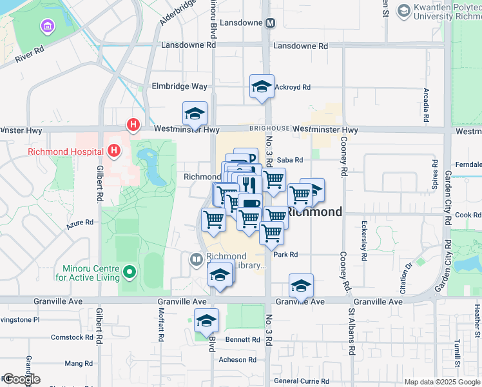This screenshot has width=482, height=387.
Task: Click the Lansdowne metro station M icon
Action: pos(270,23)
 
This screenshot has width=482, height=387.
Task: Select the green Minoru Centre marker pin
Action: pos(129,272)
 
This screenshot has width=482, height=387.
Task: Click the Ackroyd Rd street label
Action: pos(293,87)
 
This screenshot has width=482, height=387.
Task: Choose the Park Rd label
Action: pos(285,255)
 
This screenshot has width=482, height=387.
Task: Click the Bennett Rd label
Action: pos(242,340)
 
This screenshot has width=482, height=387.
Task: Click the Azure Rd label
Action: pos(81,223)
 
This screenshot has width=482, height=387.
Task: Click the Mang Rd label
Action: pos(79,364)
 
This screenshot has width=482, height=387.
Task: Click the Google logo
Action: pos(21,379)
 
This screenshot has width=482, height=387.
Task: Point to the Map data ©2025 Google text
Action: pos(441,382)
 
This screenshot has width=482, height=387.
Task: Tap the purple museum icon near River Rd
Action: pos(48,26)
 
